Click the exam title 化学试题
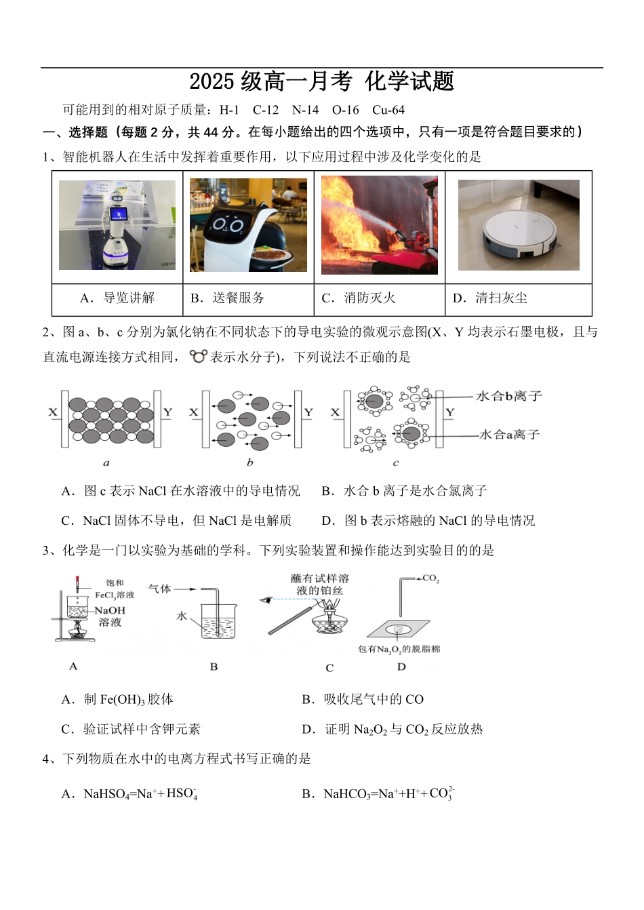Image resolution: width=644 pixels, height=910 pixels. pos(409,81)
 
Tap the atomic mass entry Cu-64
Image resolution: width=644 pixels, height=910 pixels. pos(388,110)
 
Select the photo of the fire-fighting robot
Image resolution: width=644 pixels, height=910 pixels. pos(379,224)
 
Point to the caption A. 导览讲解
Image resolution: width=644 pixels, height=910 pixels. pos(117,298)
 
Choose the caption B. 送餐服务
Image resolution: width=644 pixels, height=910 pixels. pos(228,298)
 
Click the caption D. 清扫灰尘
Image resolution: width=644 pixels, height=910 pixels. pos(490,298)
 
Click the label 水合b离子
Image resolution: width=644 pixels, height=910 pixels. pos(508,396)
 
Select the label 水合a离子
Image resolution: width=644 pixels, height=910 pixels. pos(509,434)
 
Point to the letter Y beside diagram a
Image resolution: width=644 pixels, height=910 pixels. pos(168,412)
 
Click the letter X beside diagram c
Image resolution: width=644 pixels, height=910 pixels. pos(335,412)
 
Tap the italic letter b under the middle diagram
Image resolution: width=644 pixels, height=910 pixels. pos(249,462)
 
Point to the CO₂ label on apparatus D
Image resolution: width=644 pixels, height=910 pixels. pos(430,579)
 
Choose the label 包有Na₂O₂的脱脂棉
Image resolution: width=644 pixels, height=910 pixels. pos(399,649)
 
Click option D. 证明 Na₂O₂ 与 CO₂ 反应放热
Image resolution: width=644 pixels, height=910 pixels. pos(393,730)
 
